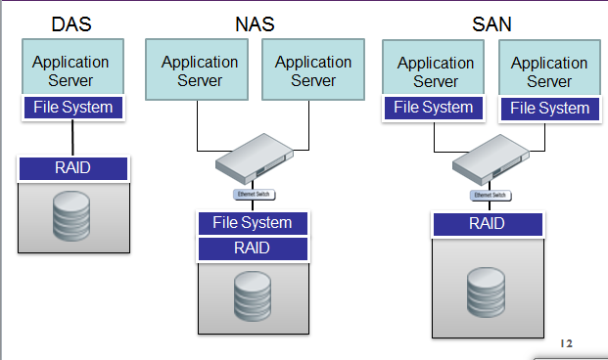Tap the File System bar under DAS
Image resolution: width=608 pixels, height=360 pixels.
click(73, 107)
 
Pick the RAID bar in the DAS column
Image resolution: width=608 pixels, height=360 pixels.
click(72, 168)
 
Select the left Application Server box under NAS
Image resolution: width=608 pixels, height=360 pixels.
click(200, 69)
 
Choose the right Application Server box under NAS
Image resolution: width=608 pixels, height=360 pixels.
click(313, 69)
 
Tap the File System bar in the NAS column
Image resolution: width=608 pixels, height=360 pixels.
click(253, 223)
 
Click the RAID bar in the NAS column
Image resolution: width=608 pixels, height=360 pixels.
click(253, 248)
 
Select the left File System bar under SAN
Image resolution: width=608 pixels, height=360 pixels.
click(436, 108)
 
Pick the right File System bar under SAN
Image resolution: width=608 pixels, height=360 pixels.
click(549, 109)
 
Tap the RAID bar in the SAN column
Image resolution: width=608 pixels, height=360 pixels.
click(488, 224)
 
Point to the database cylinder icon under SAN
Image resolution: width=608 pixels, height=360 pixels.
click(487, 285)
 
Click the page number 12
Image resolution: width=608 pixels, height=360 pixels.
click(566, 343)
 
